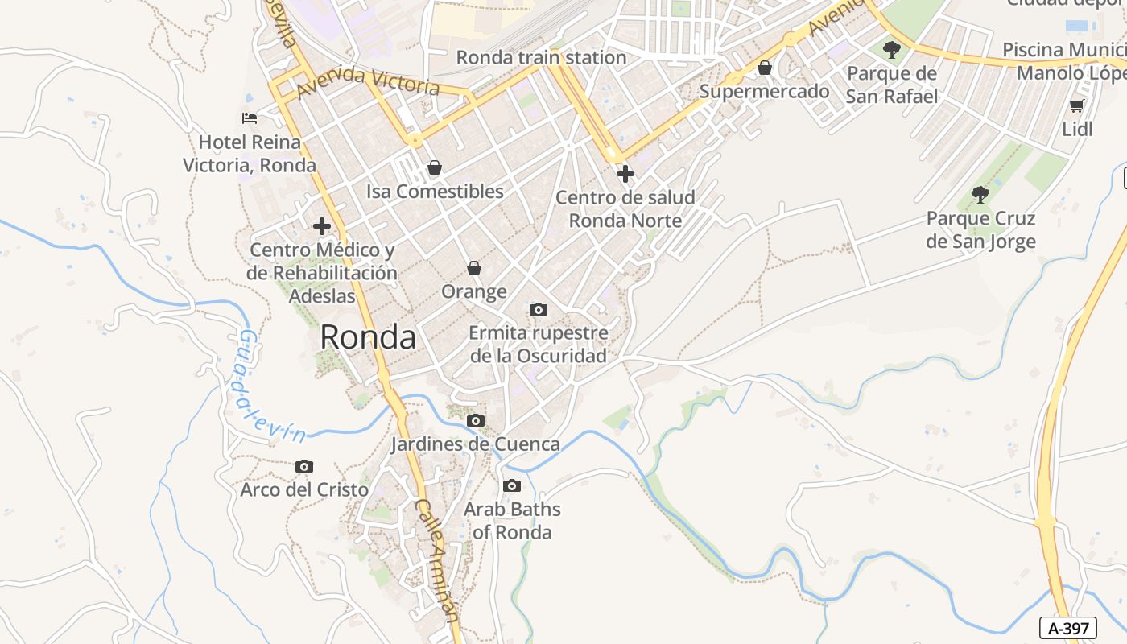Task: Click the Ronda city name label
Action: point(368,337)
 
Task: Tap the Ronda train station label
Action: point(541,57)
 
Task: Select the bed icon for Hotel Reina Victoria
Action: point(250,118)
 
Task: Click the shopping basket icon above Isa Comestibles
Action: point(435,167)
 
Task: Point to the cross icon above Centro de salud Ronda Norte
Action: point(625,173)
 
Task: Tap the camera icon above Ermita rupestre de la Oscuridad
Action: point(538,309)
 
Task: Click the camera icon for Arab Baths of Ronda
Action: point(511,485)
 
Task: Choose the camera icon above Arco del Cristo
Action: point(303,466)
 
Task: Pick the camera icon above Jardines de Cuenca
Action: point(476,420)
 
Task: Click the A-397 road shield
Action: point(1068,627)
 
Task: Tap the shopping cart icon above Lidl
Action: point(1076,105)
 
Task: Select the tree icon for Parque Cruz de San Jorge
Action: point(980,194)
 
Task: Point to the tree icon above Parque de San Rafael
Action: point(891,50)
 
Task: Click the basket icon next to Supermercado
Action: point(765,68)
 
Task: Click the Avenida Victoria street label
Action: point(368,81)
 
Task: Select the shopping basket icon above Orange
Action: point(474,267)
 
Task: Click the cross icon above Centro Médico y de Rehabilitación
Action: point(322,226)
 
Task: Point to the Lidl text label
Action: point(1077,129)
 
